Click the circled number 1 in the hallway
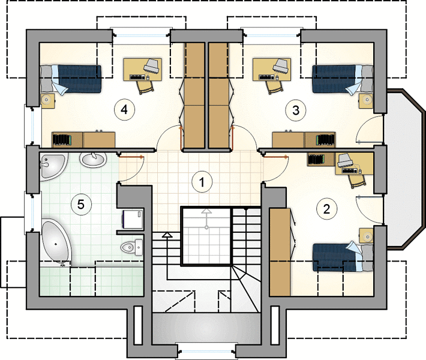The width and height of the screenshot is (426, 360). tap(202, 182)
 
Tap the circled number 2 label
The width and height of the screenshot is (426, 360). tap(326, 209)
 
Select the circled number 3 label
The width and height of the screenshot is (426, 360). tap(296, 110)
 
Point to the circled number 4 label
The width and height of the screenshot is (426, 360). tap(124, 110)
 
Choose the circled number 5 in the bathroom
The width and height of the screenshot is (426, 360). tap(81, 204)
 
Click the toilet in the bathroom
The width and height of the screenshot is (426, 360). tap(132, 247)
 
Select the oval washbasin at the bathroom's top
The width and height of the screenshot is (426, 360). tap(93, 159)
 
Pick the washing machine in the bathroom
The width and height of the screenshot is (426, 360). tap(133, 219)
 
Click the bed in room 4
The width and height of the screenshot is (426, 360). tap(71, 79)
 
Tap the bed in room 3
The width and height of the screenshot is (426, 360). tap(343, 79)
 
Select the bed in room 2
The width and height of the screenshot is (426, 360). tap(343, 256)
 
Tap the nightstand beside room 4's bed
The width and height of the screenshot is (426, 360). tap(48, 101)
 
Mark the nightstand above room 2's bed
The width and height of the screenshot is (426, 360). tap(366, 236)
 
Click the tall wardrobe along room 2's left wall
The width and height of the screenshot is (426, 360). tap(280, 251)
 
